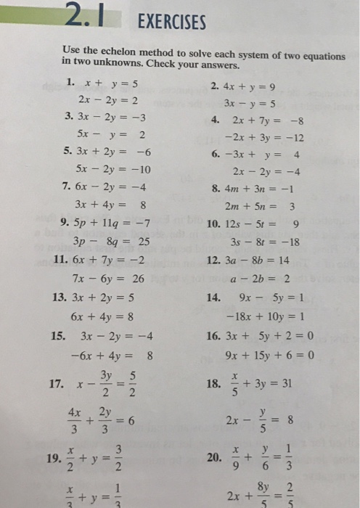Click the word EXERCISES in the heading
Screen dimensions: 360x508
171,22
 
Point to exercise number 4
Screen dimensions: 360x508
216,120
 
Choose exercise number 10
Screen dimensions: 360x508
215,221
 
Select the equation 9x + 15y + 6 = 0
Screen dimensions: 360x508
269,356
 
